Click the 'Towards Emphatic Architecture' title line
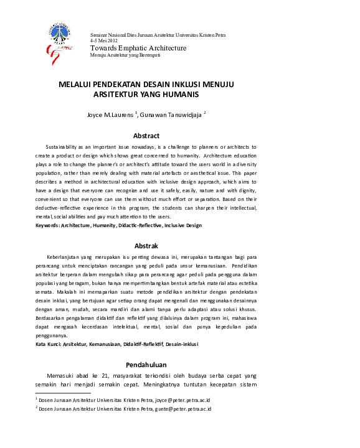tap(138, 49)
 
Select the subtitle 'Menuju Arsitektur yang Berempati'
tap(125, 55)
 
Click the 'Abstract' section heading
tap(146, 136)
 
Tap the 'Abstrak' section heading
tap(146, 246)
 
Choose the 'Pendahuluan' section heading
tap(146, 363)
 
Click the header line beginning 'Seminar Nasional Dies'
tap(158, 35)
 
